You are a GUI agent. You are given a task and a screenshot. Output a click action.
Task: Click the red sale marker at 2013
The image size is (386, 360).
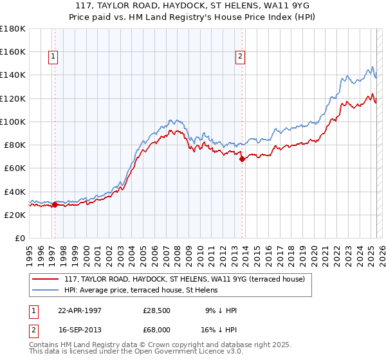pyautogui.click(x=242, y=159)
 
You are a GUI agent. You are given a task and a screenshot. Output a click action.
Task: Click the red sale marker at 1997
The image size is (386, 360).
pyautogui.click(x=55, y=205)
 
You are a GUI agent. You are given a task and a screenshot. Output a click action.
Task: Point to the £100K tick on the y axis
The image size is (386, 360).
pyautogui.click(x=13, y=122)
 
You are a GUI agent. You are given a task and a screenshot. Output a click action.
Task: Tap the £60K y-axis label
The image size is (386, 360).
pyautogui.click(x=15, y=168)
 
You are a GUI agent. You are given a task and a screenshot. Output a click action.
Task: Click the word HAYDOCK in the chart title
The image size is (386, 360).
pyautogui.click(x=162, y=6)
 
